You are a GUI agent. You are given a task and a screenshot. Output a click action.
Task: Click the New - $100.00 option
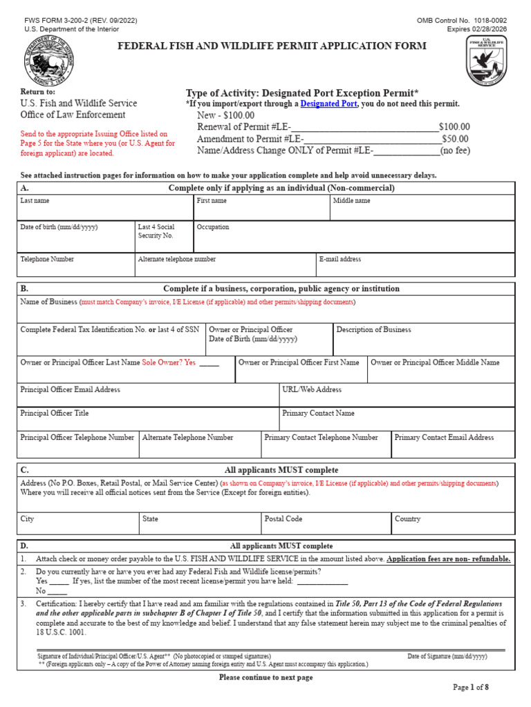pos(225,115)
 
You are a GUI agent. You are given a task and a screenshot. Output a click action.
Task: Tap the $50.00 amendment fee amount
pos(456,139)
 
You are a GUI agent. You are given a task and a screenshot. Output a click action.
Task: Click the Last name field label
pos(35,201)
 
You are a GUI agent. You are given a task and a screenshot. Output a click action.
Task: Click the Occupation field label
pos(213,227)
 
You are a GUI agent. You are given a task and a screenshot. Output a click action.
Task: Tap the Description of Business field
pos(424,338)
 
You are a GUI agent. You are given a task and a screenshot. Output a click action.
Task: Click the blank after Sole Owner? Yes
pos(209,363)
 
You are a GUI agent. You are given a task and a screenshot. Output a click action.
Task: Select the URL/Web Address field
pos(397,395)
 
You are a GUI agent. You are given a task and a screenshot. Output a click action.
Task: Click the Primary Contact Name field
pos(397,418)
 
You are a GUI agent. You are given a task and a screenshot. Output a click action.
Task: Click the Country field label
pos(407,519)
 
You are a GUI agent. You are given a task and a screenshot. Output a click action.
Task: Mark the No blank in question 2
pos(57,592)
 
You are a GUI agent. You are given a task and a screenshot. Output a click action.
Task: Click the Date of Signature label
pos(447,656)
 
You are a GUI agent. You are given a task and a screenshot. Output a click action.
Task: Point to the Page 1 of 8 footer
pos(470,688)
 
